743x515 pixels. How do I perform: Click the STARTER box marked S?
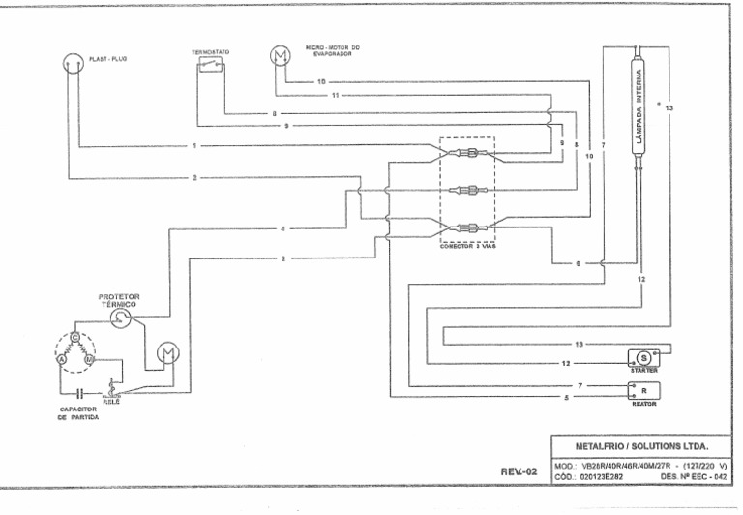coord(643,357)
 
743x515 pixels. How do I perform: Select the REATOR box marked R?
coord(640,390)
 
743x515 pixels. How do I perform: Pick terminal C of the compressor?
coord(74,337)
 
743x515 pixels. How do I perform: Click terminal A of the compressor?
coord(60,359)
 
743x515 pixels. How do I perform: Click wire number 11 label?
coord(335,97)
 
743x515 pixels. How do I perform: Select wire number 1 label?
coord(193,146)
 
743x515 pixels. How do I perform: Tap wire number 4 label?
coord(282,229)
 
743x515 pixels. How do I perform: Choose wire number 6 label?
coord(577,263)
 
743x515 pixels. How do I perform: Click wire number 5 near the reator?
coord(580,398)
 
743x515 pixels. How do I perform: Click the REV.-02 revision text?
coord(518,470)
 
